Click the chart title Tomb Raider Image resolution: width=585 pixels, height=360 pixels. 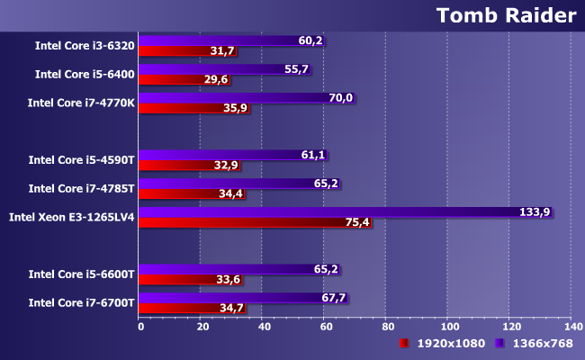505,15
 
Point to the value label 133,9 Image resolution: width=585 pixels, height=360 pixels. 535,212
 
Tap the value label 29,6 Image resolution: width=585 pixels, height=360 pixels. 217,79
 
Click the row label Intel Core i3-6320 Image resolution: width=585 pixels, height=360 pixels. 85,45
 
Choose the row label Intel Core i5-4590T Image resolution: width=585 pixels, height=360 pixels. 81,159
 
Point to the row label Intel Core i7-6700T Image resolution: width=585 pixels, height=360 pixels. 81,302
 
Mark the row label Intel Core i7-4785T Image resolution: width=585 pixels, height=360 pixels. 81,188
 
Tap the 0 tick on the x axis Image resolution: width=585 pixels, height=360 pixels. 140,327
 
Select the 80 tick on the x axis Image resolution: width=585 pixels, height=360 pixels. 386,327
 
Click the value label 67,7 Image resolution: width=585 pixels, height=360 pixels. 333,297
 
